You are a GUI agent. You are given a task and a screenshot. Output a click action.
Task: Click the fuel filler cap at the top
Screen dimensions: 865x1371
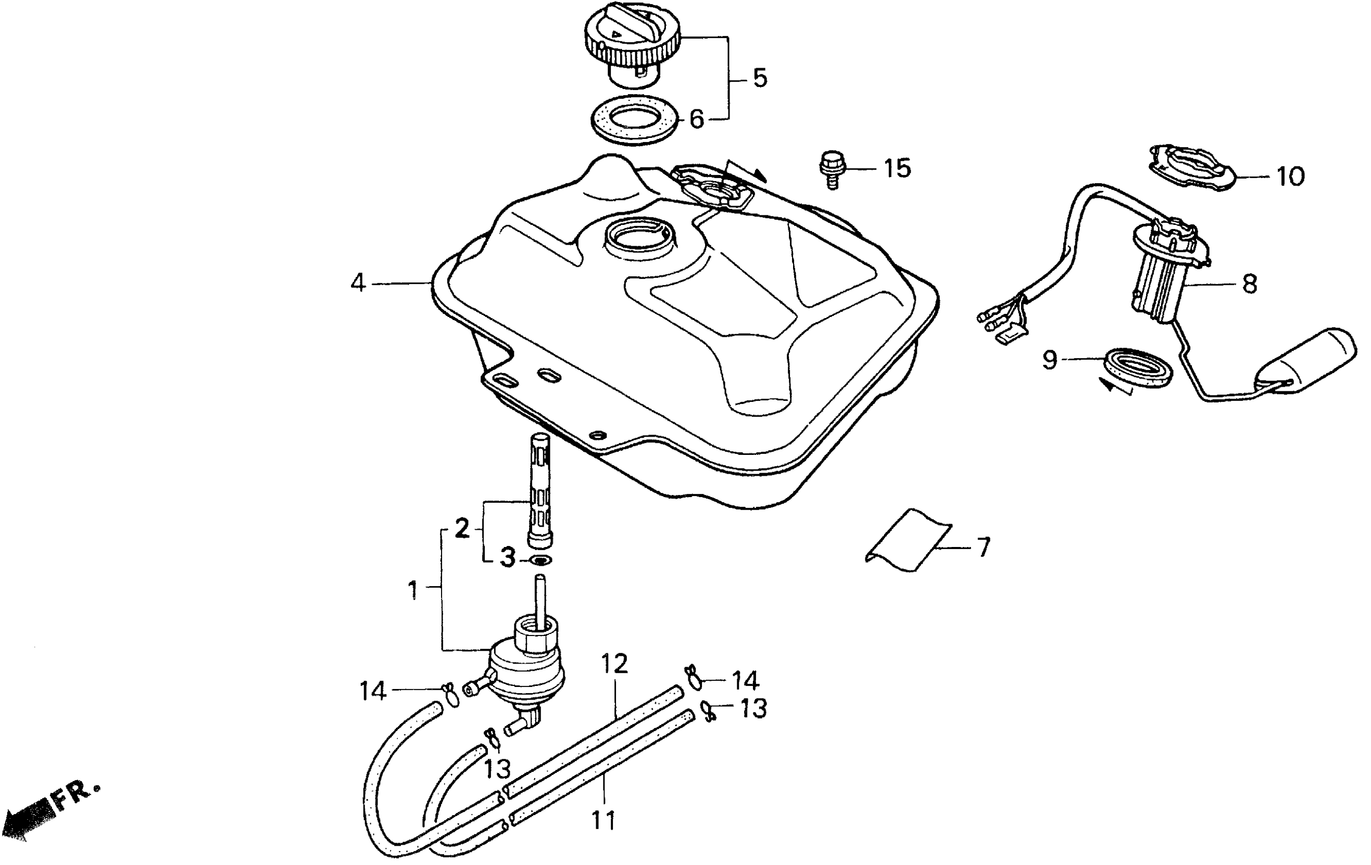point(632,43)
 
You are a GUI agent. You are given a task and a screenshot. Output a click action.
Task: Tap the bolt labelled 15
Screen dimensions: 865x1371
point(832,168)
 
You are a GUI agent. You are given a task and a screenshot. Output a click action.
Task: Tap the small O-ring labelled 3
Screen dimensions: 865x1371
point(540,560)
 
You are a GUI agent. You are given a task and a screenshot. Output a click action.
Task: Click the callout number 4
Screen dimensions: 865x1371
point(358,282)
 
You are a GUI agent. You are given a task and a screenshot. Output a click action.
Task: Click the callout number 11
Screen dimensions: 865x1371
point(603,821)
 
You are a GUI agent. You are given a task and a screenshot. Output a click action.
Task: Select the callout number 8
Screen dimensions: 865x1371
point(1248,283)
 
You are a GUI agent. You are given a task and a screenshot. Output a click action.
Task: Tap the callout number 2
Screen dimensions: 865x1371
point(462,529)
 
